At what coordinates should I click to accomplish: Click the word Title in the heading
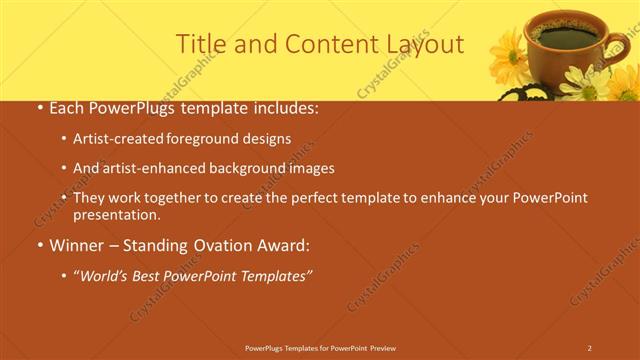(x=201, y=44)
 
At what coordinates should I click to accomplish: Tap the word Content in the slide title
(x=322, y=44)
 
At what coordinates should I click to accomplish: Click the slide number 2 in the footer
(x=589, y=347)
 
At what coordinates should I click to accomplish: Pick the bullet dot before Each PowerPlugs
(x=38, y=106)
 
